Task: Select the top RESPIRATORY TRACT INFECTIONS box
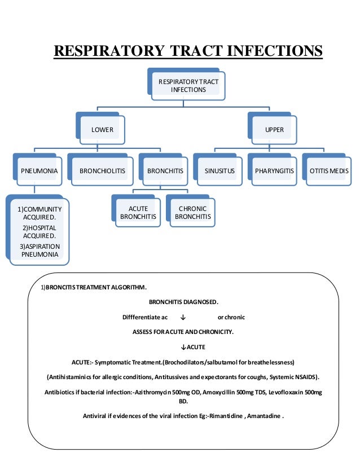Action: [x=188, y=86]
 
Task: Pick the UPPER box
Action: [x=274, y=130]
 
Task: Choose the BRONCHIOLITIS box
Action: [x=102, y=170]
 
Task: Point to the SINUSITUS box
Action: [x=219, y=170]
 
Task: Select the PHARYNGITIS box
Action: [x=273, y=170]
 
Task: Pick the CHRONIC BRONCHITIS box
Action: [x=193, y=213]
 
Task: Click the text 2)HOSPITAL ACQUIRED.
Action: [x=39, y=231]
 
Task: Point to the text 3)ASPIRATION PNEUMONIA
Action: [x=39, y=250]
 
